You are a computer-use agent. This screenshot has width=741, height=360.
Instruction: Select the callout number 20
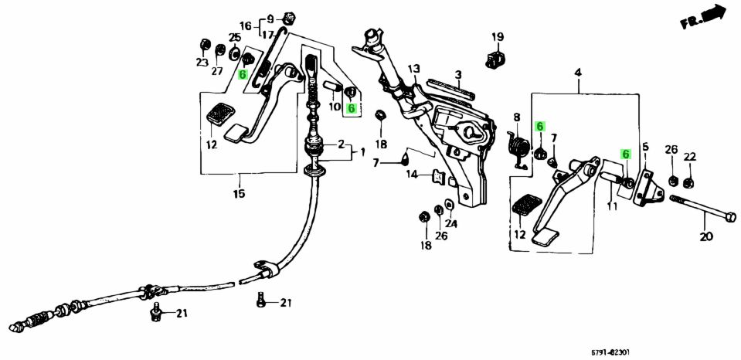point(705,237)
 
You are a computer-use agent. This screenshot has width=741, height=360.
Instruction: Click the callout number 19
point(497,36)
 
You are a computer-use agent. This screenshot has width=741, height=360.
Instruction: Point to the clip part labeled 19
point(496,57)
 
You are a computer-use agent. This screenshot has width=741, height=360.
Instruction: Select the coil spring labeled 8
point(519,147)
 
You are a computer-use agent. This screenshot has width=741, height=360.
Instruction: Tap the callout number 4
point(577,73)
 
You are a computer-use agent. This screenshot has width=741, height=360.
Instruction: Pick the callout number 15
point(239,193)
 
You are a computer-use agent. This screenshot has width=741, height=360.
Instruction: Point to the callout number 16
point(245,25)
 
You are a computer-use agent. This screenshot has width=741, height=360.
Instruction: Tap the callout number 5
point(645,147)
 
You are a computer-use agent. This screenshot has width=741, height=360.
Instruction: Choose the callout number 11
point(611,206)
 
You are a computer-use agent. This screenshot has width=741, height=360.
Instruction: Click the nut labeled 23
point(205,42)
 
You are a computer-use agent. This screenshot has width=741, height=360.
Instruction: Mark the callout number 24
point(450,225)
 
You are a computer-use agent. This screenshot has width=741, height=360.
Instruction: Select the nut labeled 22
point(689,182)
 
